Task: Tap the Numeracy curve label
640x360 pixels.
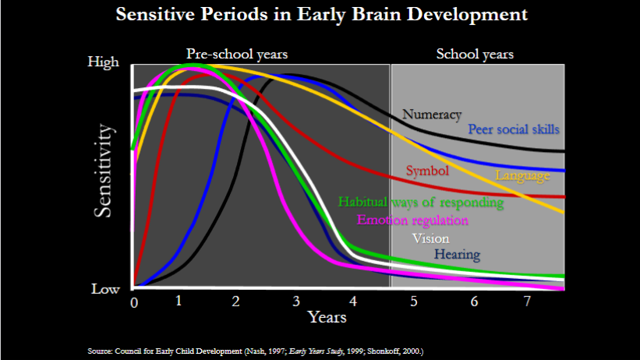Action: point(432,115)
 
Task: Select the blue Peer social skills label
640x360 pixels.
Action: point(513,129)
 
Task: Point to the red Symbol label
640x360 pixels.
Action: point(427,171)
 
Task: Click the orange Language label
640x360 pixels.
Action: point(522,175)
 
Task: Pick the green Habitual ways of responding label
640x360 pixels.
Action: point(421,203)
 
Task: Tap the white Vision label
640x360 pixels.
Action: point(430,238)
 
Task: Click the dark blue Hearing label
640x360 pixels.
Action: point(457,255)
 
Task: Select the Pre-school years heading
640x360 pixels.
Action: point(237,54)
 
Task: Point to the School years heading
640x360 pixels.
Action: point(475,54)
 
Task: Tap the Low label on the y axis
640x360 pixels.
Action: point(105,288)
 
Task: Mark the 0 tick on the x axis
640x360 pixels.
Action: point(134,302)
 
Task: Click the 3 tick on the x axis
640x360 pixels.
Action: point(295,302)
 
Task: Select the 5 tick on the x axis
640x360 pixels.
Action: point(414,302)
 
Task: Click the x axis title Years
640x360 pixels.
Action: point(327,317)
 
